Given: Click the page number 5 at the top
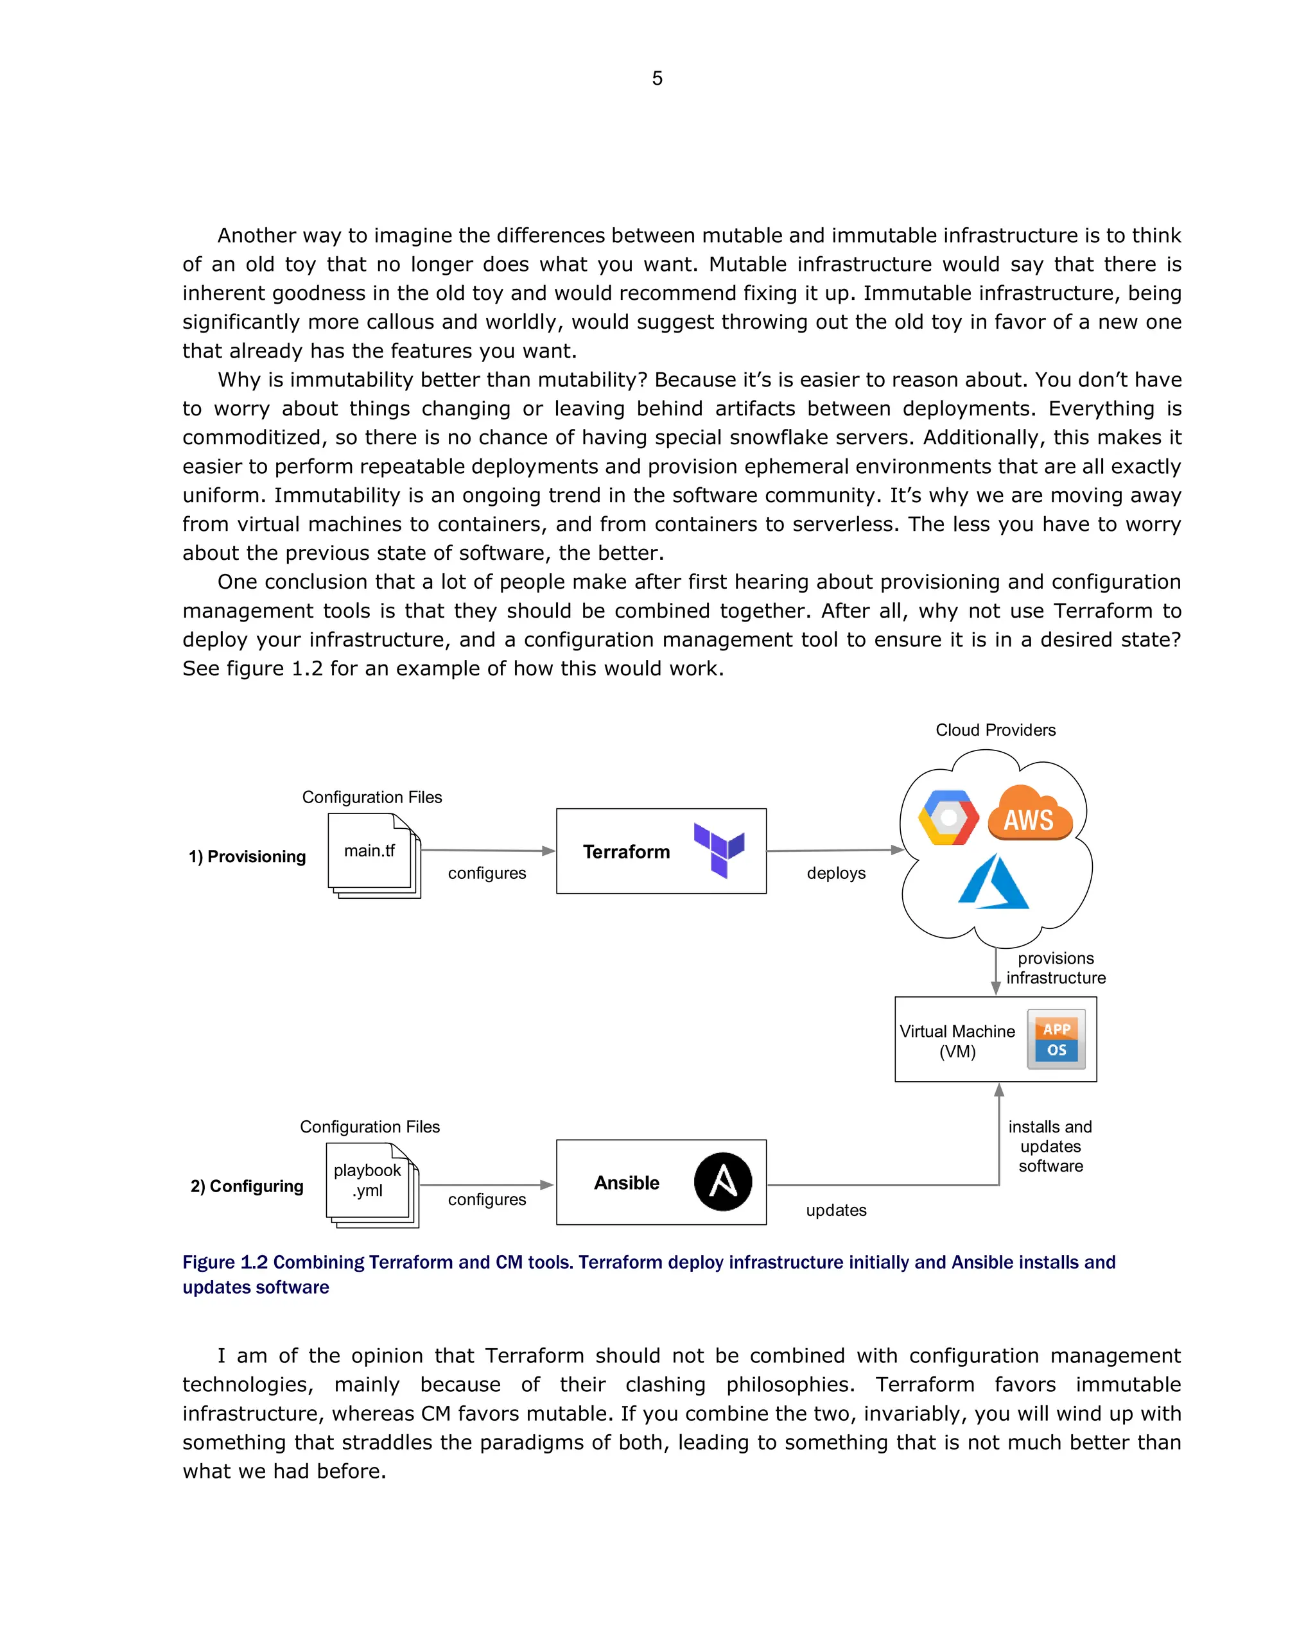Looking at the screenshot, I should tap(657, 78).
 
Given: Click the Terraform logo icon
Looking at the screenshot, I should tap(718, 849).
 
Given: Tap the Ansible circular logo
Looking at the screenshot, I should tap(722, 1181).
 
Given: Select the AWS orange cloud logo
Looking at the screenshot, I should tap(1030, 814).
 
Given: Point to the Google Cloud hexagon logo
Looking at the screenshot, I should tap(948, 817).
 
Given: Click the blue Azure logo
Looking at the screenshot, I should tap(993, 882).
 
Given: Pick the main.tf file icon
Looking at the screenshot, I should tap(372, 854).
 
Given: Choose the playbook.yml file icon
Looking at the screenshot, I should tap(370, 1184).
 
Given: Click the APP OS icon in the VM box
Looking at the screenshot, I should tap(1056, 1039).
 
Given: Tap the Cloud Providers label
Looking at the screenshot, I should tap(995, 730).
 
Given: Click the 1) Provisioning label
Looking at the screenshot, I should tap(247, 856).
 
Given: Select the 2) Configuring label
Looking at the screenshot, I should tap(247, 1186).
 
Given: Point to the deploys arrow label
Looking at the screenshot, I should tap(835, 873).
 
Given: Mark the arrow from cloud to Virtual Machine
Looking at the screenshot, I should tap(995, 971).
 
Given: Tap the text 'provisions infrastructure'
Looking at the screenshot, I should tap(1055, 967).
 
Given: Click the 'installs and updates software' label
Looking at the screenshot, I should tap(1050, 1146).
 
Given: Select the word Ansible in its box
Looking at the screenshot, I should tap(626, 1183).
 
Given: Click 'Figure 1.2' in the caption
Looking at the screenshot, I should tap(225, 1262).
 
